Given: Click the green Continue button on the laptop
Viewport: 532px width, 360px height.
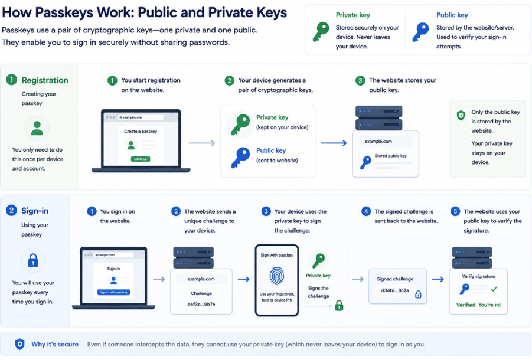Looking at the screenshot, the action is [140, 159].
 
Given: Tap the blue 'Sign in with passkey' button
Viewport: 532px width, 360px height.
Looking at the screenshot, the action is [113, 292].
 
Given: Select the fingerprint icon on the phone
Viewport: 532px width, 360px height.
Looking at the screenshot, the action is [276, 276].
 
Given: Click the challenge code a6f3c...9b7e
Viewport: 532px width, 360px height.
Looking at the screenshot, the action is [201, 305].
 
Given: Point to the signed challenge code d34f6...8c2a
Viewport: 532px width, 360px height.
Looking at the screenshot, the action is [395, 290].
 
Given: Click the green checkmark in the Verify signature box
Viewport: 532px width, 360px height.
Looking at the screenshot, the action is [494, 289].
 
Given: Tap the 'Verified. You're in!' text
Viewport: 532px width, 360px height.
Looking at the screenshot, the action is [478, 305].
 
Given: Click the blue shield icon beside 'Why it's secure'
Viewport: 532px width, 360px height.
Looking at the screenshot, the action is [19, 344].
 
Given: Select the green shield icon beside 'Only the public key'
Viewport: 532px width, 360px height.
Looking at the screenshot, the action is [461, 115].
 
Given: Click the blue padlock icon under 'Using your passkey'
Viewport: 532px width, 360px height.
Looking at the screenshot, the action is [33, 260].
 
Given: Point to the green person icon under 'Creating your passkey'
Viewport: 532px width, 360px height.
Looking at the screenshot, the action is [37, 128].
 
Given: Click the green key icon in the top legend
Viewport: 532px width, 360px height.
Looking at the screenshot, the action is [321, 31].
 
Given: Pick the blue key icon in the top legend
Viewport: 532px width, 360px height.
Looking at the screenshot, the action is [421, 32].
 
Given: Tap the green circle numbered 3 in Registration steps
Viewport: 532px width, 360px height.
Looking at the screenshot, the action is [360, 81].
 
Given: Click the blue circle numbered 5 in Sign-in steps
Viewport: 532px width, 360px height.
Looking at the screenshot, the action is [455, 211].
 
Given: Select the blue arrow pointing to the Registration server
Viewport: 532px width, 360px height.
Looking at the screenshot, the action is [334, 143].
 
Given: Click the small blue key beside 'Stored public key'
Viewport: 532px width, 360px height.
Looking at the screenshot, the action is [365, 162].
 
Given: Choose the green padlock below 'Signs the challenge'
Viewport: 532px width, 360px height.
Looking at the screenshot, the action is [339, 306].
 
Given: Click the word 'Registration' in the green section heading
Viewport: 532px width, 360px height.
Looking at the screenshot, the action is [45, 80].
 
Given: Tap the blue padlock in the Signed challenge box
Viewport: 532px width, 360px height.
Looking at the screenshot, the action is [419, 294].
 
